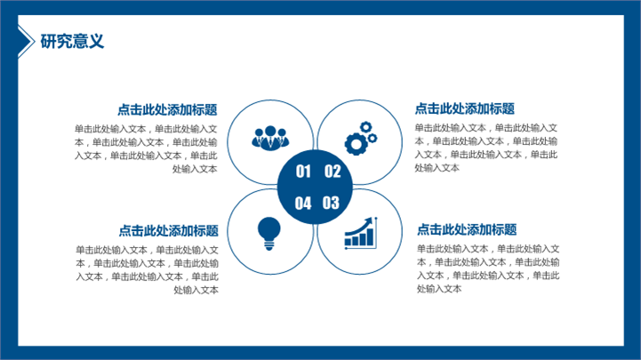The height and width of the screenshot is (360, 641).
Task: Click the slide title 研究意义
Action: click(x=72, y=41)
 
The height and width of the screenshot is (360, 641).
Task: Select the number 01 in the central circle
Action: click(x=303, y=172)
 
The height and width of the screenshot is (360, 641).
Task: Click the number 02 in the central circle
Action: click(x=333, y=172)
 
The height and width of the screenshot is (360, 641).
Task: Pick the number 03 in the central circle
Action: click(x=331, y=203)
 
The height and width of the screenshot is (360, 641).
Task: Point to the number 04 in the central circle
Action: click(x=303, y=203)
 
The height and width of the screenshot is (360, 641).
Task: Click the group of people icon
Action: click(x=270, y=138)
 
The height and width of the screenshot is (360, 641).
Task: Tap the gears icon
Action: click(x=361, y=138)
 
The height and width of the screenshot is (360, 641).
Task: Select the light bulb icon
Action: click(x=269, y=233)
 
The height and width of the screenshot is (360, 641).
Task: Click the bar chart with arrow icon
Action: click(x=361, y=233)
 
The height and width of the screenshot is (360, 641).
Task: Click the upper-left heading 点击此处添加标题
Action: click(x=167, y=109)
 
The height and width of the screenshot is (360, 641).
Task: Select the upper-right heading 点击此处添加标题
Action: click(x=464, y=108)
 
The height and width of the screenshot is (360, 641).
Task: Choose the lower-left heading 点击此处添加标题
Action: click(x=168, y=230)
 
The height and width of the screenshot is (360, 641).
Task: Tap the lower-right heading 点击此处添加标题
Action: click(x=467, y=229)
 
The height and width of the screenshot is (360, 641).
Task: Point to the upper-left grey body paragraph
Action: click(x=146, y=148)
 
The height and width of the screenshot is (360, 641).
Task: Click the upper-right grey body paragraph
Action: click(x=486, y=148)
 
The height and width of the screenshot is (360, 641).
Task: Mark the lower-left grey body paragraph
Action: click(x=148, y=269)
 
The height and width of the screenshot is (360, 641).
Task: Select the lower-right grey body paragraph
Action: click(x=488, y=268)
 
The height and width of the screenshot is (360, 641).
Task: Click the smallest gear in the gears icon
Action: click(x=373, y=139)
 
